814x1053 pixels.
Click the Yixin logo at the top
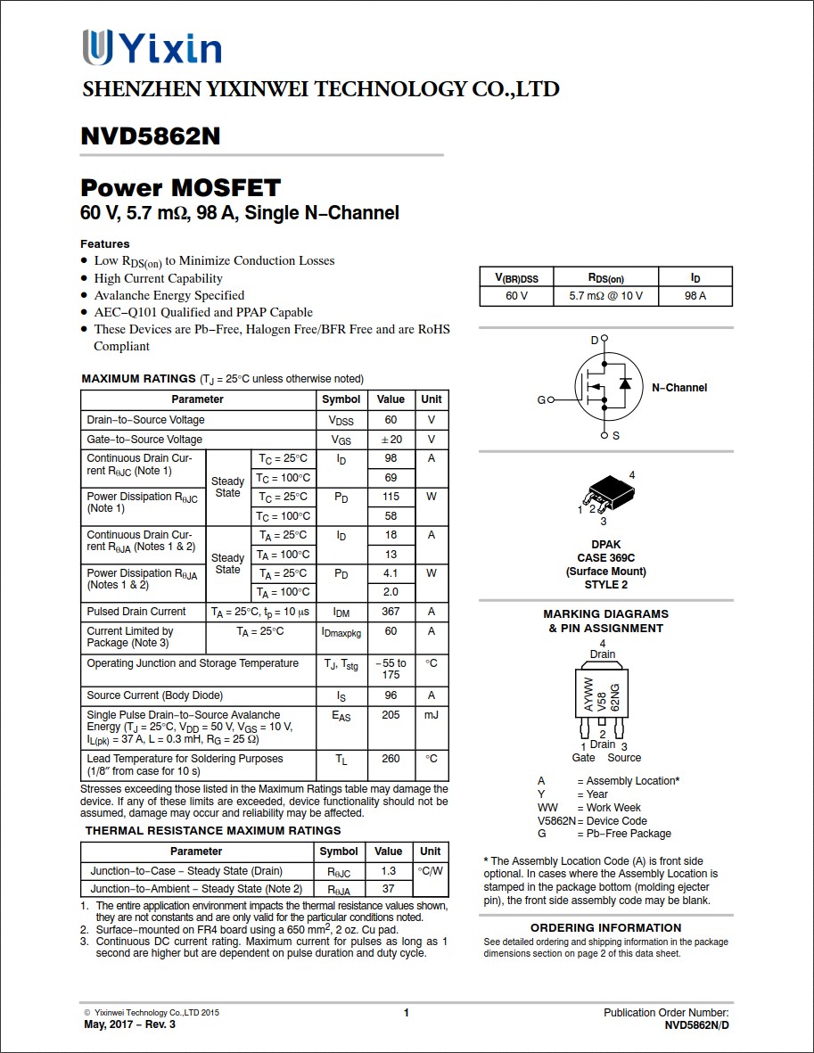[152, 48]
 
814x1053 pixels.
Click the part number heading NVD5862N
[150, 136]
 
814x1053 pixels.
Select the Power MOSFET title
[180, 188]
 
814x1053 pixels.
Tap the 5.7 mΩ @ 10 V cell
[605, 296]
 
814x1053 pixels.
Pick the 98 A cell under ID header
[695, 296]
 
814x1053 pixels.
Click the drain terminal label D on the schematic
[595, 341]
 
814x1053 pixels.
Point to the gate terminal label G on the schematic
[540, 400]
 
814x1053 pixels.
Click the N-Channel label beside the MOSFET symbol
[678, 388]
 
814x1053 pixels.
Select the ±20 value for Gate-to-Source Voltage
[391, 440]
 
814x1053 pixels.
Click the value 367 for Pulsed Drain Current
[391, 612]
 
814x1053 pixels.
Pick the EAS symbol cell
[341, 716]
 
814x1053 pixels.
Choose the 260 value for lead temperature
[391, 759]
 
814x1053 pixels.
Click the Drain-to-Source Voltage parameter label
[145, 420]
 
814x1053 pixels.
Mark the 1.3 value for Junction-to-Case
[388, 871]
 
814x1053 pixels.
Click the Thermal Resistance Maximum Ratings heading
[213, 831]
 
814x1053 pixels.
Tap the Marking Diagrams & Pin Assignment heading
[605, 621]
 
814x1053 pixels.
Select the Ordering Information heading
[605, 927]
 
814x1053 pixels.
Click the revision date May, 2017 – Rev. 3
[129, 1024]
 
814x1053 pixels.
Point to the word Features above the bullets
[105, 243]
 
